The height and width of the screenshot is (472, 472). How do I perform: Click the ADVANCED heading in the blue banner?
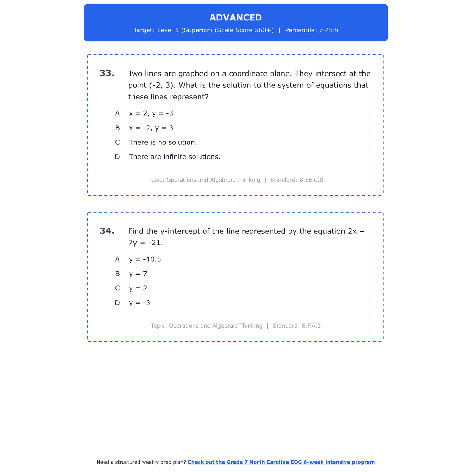point(235,18)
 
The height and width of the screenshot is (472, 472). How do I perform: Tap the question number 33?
point(107,73)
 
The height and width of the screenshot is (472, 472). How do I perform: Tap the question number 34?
point(107,231)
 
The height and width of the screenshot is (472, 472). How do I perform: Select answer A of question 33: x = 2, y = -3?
point(151,113)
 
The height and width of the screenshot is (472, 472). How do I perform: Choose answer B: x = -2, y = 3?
point(151,128)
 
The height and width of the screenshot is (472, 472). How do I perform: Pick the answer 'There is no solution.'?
point(163,143)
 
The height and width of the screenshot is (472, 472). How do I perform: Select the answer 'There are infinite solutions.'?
point(174,157)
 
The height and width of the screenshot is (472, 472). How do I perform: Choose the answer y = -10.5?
point(145,260)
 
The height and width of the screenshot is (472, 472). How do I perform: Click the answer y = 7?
point(138,274)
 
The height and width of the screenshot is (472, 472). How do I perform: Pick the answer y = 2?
point(138,288)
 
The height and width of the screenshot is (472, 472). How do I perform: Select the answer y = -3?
point(139,303)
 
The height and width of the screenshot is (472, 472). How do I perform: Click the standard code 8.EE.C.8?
point(311,180)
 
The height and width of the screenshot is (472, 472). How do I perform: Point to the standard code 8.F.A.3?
point(311,326)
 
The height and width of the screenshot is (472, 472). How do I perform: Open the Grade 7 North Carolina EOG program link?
point(281,462)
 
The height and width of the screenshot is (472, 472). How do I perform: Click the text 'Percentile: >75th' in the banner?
point(312,30)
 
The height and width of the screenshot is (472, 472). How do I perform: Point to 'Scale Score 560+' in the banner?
point(244,30)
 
